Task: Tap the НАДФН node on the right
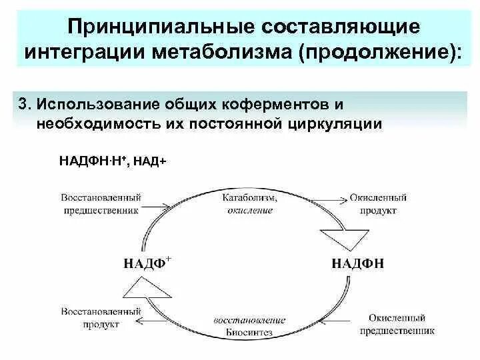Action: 357,264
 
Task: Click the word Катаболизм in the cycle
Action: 251,198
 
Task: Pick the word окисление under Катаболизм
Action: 250,211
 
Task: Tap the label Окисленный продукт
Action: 378,204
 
